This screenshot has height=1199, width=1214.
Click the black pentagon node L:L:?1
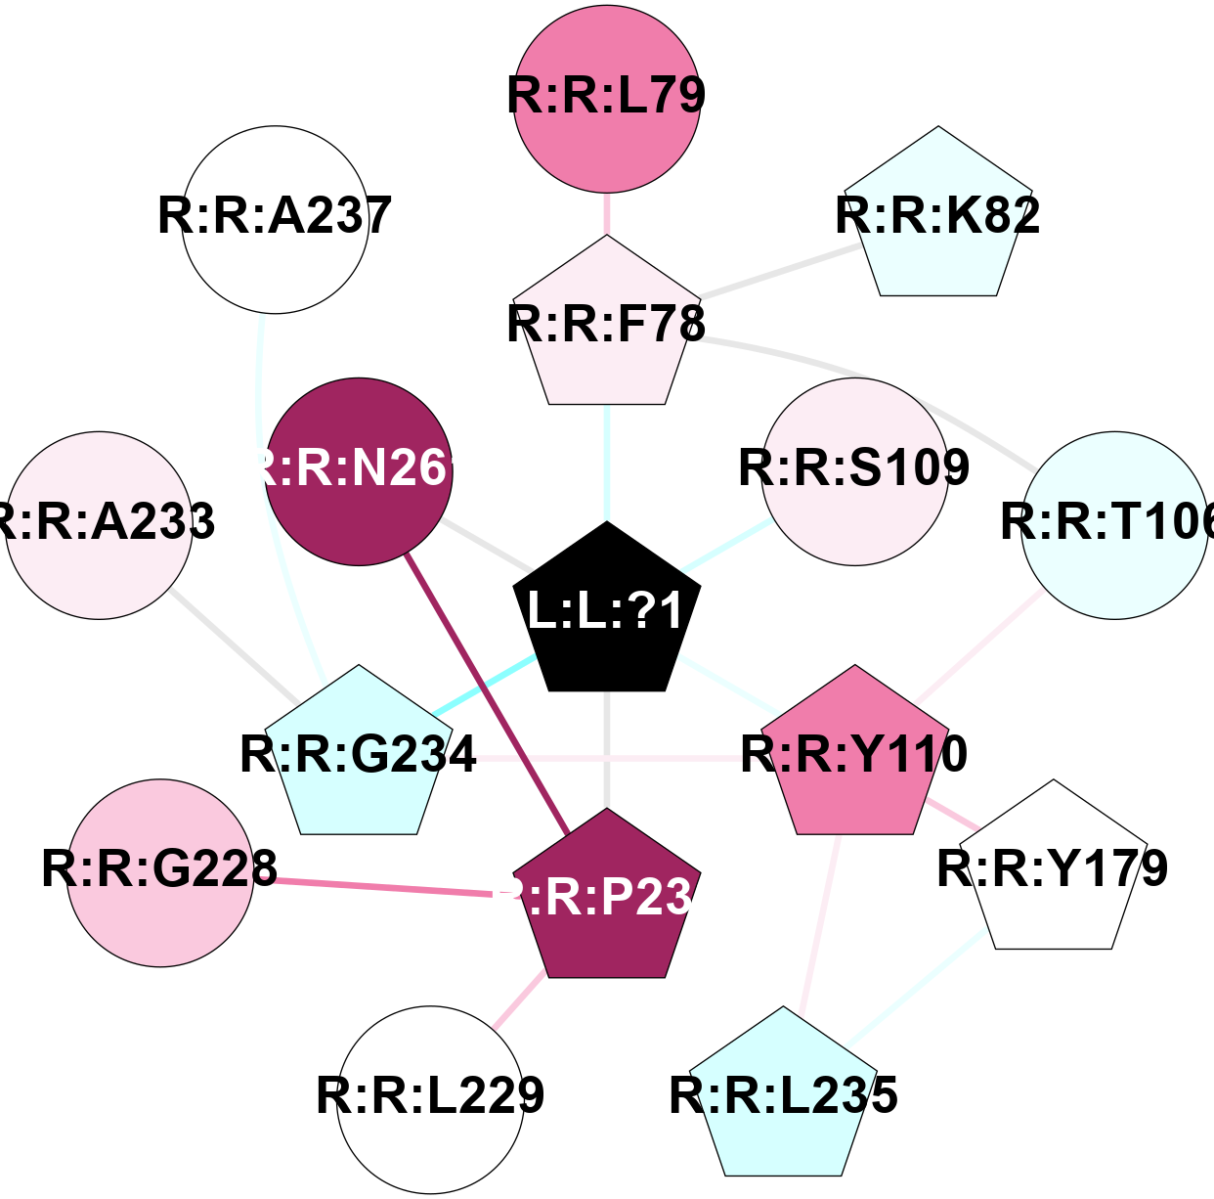pyautogui.click(x=607, y=611)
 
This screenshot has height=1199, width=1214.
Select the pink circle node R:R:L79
pyautogui.click(x=607, y=97)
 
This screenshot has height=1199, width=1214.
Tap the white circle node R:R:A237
pyautogui.click(x=276, y=219)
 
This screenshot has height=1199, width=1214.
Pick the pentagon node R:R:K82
pyautogui.click(x=938, y=218)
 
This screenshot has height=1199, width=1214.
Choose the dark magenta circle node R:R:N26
pyautogui.click(x=359, y=471)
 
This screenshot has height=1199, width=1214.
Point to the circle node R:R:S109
pyautogui.click(x=855, y=471)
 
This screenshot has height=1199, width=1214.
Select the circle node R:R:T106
pyautogui.click(x=1114, y=525)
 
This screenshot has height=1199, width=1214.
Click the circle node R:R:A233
pyautogui.click(x=99, y=525)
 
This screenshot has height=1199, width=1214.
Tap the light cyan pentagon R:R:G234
pyautogui.click(x=359, y=756)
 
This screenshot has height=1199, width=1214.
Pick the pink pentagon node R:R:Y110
pyautogui.click(x=855, y=756)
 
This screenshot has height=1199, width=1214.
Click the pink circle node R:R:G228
pyautogui.click(x=160, y=872)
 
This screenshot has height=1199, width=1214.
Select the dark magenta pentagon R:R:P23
pyautogui.click(x=607, y=899)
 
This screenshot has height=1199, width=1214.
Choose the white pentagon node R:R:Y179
pyautogui.click(x=1053, y=870)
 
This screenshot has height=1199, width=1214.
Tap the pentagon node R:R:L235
pyautogui.click(x=783, y=1097)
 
